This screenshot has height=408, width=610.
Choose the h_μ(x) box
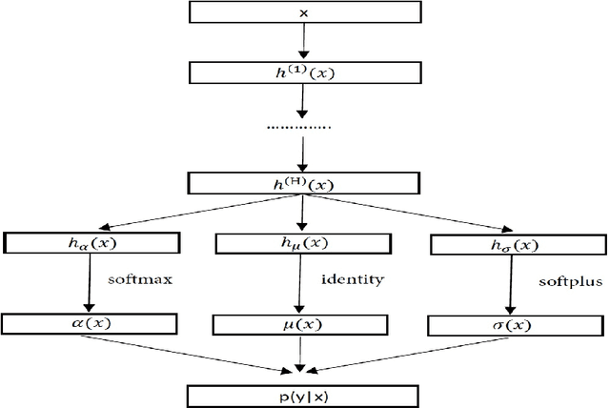tap(301, 244)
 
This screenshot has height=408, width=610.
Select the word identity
tap(352, 280)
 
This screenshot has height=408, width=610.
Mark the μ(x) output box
tap(301, 325)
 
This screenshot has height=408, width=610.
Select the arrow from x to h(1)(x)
tap(303, 43)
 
